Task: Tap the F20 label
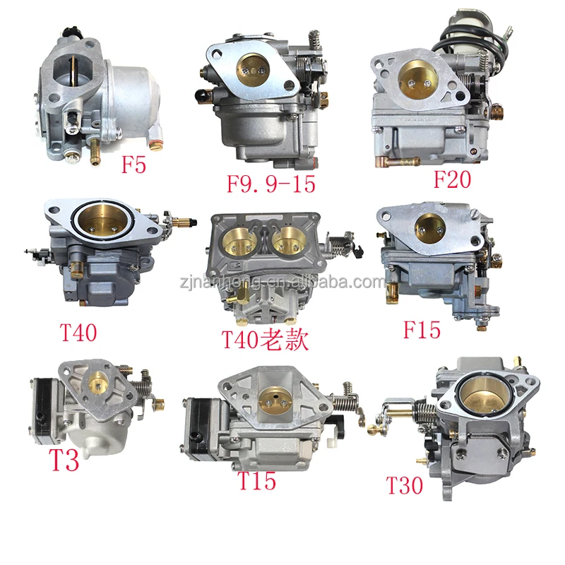coord(451,179)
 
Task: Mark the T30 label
coord(404,485)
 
